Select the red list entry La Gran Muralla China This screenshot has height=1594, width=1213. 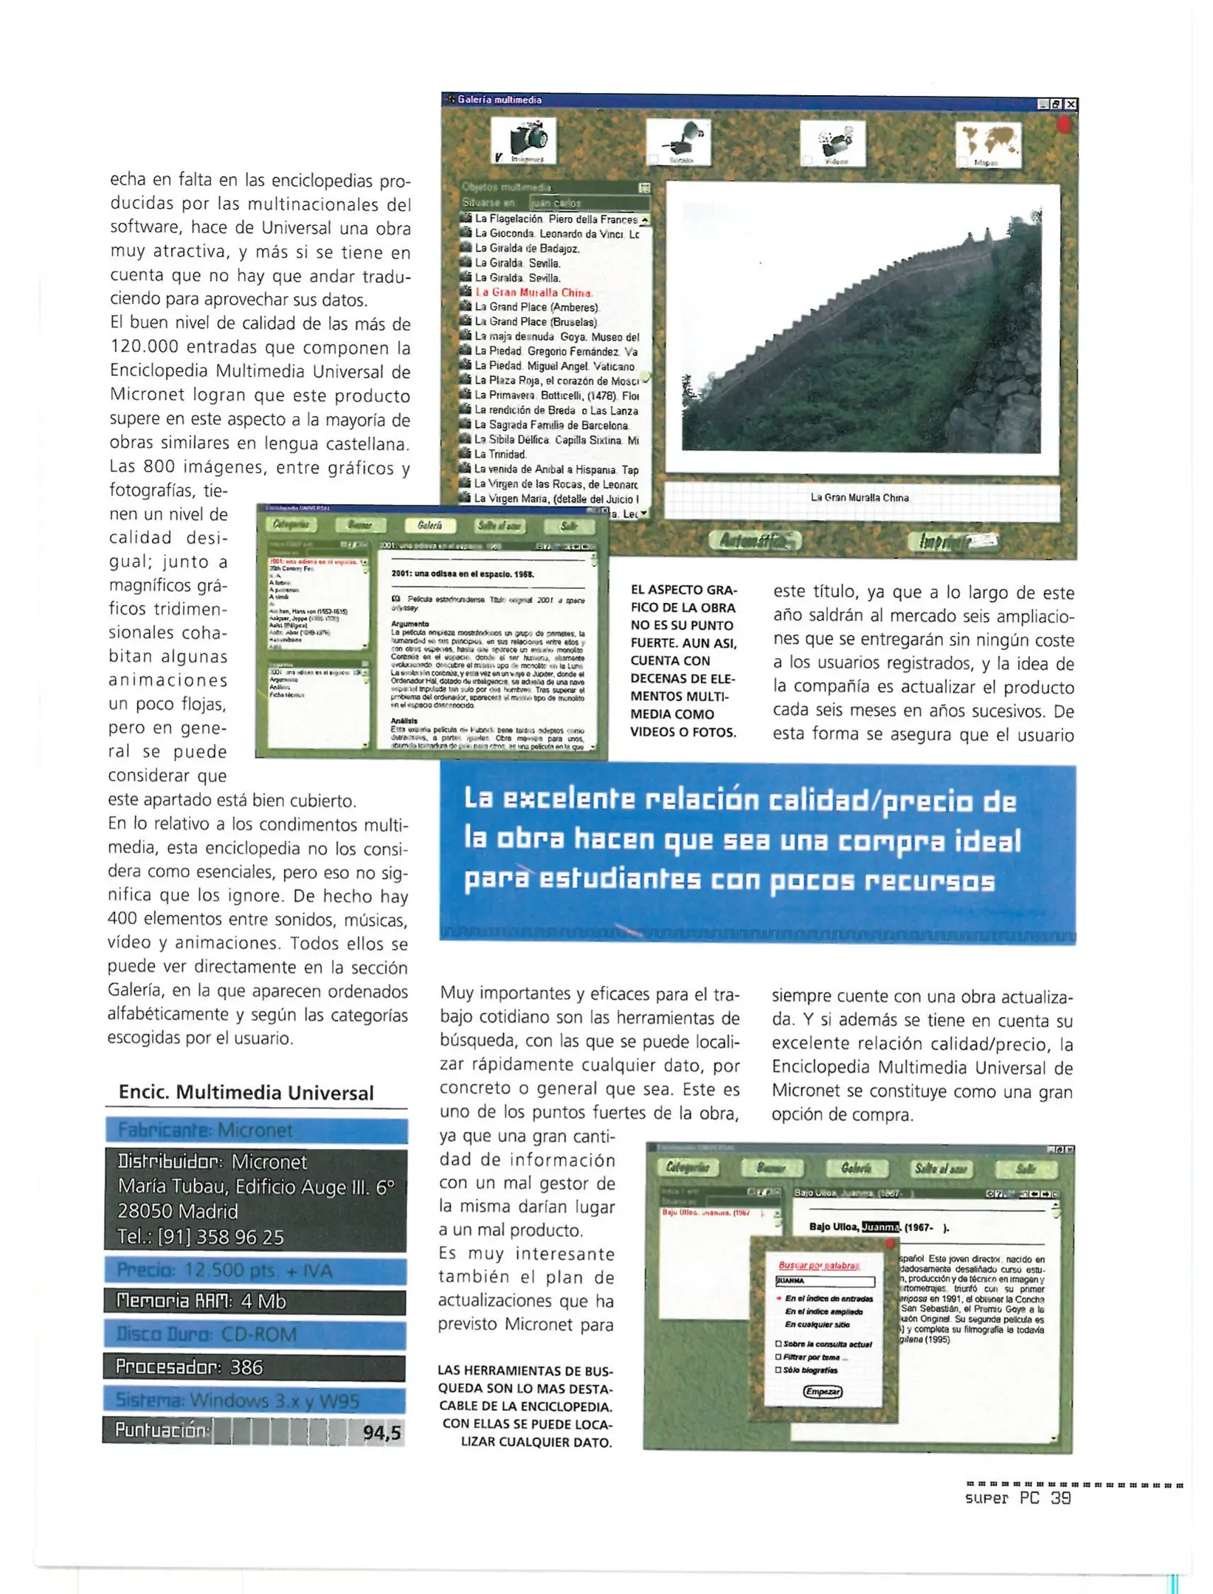coord(533,292)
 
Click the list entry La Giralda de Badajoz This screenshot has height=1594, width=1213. coord(527,249)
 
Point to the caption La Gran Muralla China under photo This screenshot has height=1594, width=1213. coord(860,497)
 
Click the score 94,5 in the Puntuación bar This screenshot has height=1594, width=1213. coord(381,1432)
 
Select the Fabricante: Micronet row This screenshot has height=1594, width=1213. coord(255,1131)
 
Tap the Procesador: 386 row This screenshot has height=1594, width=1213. coord(255,1367)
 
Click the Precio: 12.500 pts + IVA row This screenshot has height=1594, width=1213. coord(255,1271)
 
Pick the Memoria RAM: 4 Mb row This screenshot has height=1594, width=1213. coord(255,1302)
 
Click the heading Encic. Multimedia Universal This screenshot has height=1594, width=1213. coord(246,1093)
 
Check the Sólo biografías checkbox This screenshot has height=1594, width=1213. coord(778,1370)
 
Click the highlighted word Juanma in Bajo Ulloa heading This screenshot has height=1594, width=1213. coord(881,1226)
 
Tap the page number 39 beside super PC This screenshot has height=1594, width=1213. coord(1061,1497)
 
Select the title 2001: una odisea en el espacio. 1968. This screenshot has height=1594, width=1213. coord(463,573)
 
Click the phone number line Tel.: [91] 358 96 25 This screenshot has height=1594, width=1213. coord(201,1237)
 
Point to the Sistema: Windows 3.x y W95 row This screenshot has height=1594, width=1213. coord(255,1400)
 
